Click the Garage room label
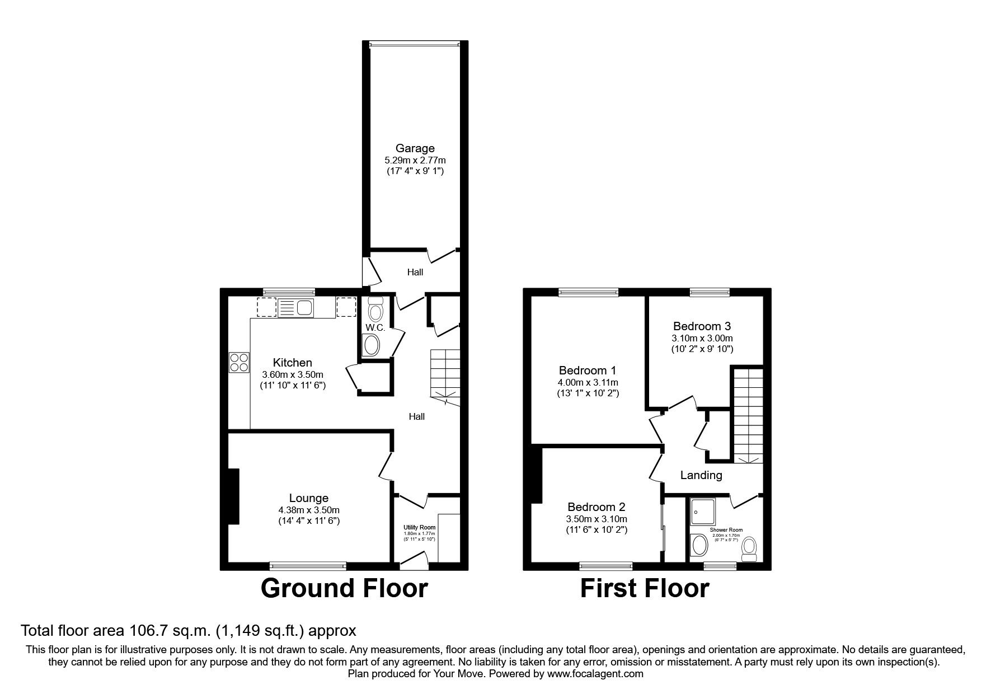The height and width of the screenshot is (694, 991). coord(415,148)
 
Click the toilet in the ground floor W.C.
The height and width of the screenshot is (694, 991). coord(375,308)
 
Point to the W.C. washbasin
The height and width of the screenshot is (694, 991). coord(371,345)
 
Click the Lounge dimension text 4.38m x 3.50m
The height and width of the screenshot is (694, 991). coord(309,510)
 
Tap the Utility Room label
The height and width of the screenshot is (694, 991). coord(420,527)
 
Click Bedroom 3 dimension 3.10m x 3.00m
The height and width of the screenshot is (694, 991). coord(702,338)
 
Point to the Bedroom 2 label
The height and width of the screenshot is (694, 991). coord(596,507)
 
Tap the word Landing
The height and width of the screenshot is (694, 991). coord(701,476)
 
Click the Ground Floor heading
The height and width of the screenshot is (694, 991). coord(344,588)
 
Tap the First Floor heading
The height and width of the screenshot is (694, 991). coord(644,588)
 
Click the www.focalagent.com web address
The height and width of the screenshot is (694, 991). coord(595,674)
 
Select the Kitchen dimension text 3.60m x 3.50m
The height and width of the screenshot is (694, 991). coord(293,374)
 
